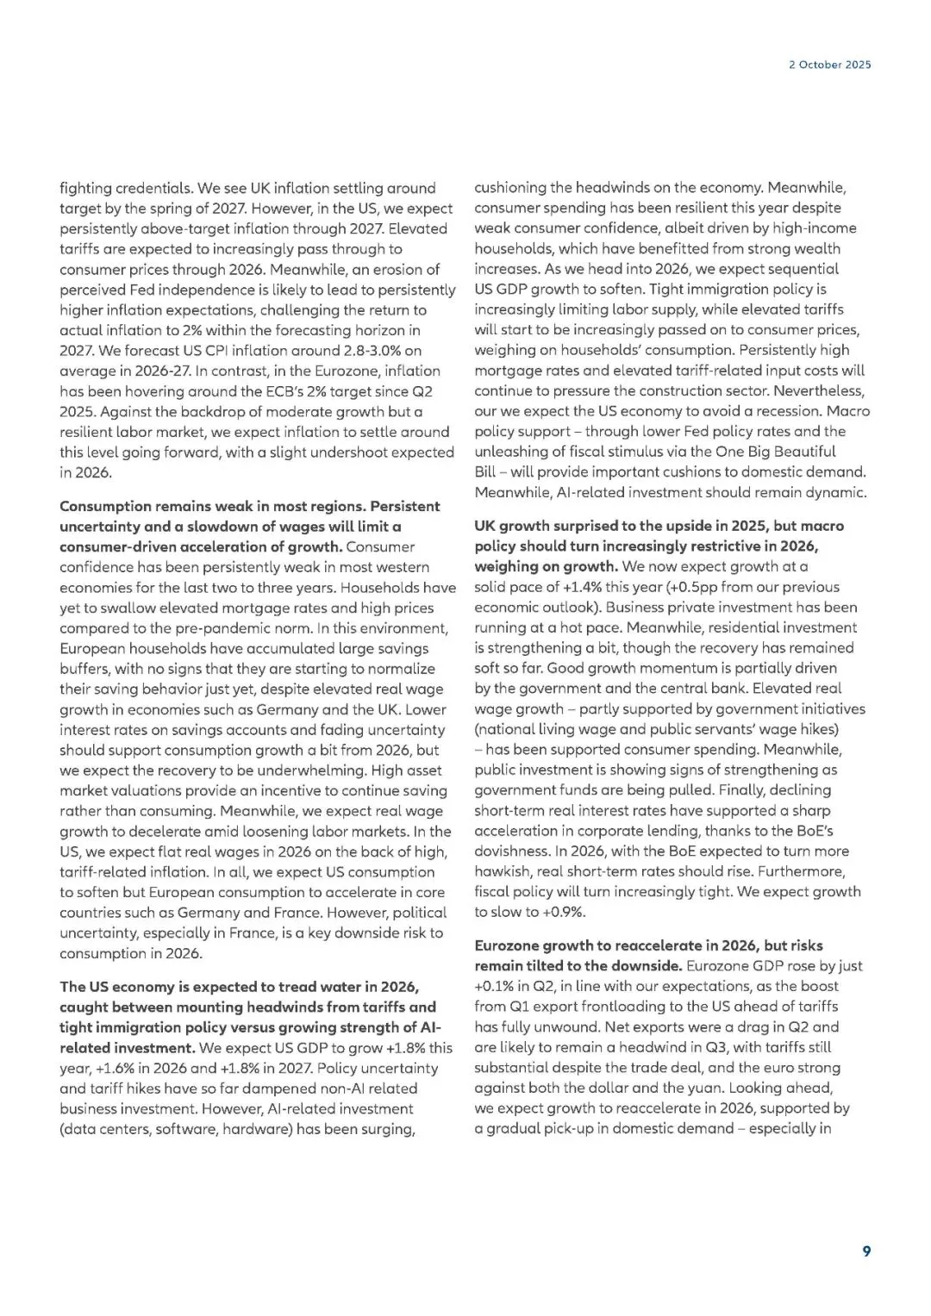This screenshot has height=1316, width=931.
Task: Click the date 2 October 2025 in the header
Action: click(829, 65)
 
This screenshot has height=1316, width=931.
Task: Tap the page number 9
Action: click(866, 1251)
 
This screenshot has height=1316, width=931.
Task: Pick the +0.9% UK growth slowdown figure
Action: click(564, 912)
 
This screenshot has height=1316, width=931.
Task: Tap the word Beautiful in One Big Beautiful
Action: click(802, 452)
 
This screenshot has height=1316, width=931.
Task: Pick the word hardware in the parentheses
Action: click(256, 1129)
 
